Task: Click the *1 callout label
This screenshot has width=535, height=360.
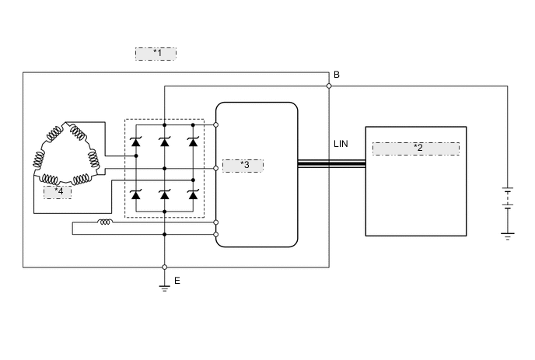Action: pos(156,54)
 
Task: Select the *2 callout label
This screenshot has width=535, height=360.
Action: pos(416,148)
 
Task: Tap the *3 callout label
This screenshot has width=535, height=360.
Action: pos(243,166)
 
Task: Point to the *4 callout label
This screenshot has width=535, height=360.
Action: pos(58,191)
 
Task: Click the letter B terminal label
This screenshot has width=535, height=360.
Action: pos(336,75)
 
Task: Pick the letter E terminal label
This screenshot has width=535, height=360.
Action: pos(177,281)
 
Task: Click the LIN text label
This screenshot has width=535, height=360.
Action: pos(341,145)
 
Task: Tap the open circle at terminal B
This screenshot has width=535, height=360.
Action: pos(329,86)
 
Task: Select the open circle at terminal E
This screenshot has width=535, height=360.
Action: pos(165,267)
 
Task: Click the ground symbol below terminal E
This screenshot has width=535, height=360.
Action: pos(165,287)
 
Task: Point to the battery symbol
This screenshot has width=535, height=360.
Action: pos(508,199)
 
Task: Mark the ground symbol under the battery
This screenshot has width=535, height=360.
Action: pos(508,235)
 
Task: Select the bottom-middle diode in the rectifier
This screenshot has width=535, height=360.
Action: pos(165,194)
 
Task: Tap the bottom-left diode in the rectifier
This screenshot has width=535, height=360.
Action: pos(136,194)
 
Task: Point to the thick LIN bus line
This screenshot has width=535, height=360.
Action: pos(331,163)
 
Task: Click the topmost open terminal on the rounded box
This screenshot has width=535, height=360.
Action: pos(215,124)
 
